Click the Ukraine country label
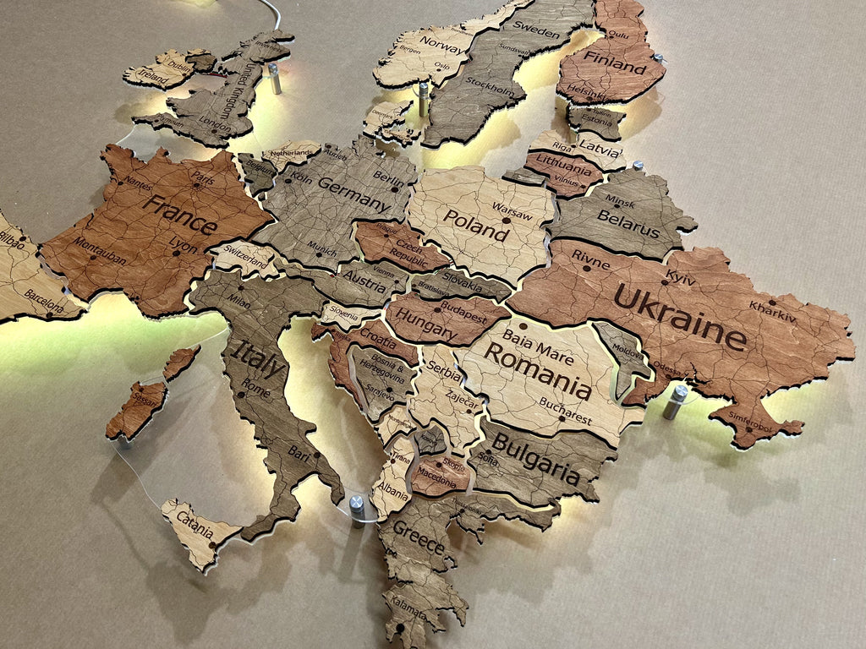[680, 316]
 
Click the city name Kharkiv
[772, 310]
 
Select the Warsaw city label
[512, 210]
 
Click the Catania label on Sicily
[194, 528]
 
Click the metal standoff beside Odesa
[677, 401]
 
